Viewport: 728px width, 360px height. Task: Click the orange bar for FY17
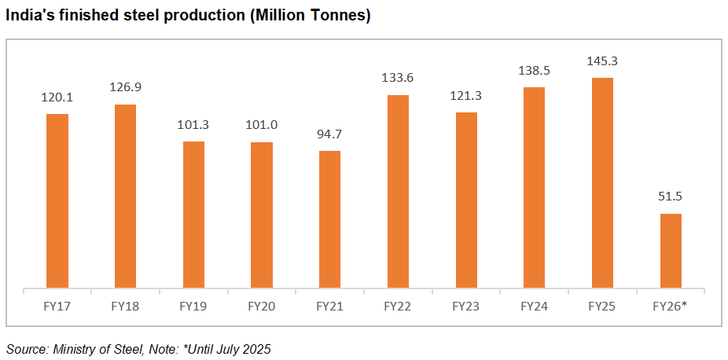[57, 200]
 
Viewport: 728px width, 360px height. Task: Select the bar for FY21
[329, 219]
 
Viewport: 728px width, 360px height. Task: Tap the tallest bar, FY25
[602, 182]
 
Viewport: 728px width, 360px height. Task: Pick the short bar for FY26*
[671, 251]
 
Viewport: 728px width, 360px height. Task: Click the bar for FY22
[398, 191]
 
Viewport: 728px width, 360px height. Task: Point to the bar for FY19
[193, 215]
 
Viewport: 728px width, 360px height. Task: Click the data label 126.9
[126, 86]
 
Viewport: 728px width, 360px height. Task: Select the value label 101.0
[262, 124]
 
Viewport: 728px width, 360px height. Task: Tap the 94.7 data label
[329, 134]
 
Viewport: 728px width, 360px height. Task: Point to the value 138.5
[534, 70]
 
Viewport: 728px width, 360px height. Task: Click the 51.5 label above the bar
[671, 197]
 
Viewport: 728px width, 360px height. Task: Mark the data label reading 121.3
[466, 95]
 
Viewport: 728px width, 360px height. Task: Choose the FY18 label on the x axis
[126, 306]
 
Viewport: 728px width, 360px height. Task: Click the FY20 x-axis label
[262, 306]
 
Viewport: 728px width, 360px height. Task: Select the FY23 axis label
[466, 306]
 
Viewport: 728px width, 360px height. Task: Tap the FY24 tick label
[534, 306]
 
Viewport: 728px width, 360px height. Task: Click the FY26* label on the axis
[671, 306]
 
